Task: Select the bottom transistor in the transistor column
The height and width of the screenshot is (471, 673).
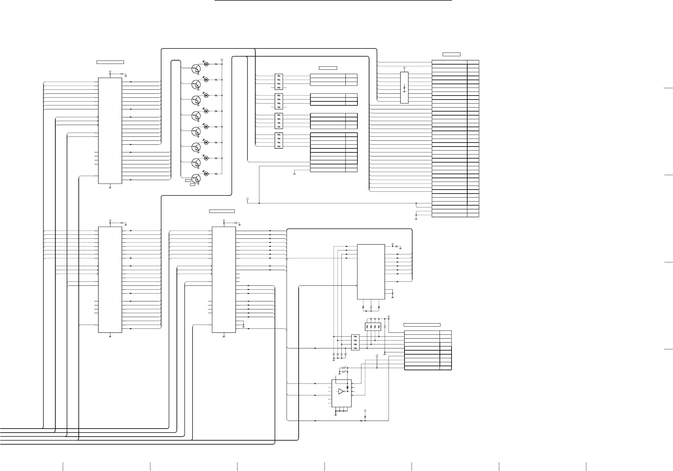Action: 196,179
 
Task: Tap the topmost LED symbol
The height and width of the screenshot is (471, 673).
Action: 206,64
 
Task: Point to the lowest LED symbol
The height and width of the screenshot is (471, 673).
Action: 206,174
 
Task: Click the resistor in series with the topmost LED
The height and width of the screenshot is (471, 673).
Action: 216,64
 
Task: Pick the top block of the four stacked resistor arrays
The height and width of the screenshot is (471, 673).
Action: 279,81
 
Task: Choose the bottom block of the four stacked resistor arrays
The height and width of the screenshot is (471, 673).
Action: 279,140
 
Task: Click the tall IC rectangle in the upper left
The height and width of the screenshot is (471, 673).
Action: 110,131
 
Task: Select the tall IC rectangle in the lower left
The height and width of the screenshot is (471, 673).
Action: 110,280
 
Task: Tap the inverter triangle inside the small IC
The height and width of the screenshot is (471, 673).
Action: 341,391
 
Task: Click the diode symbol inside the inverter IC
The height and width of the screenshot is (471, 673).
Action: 348,387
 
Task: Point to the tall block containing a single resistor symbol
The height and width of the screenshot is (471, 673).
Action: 404,88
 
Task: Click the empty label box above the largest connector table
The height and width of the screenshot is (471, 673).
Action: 451,54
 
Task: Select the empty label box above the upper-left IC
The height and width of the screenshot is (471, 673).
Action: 110,62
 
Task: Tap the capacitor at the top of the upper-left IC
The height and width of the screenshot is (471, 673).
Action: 122,74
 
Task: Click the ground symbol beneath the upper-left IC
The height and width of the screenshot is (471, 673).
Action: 110,186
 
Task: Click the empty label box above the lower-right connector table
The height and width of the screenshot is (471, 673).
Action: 422,325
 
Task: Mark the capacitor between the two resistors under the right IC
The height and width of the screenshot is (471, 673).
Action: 371,307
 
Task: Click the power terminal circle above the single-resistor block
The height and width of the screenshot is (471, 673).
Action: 404,67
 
